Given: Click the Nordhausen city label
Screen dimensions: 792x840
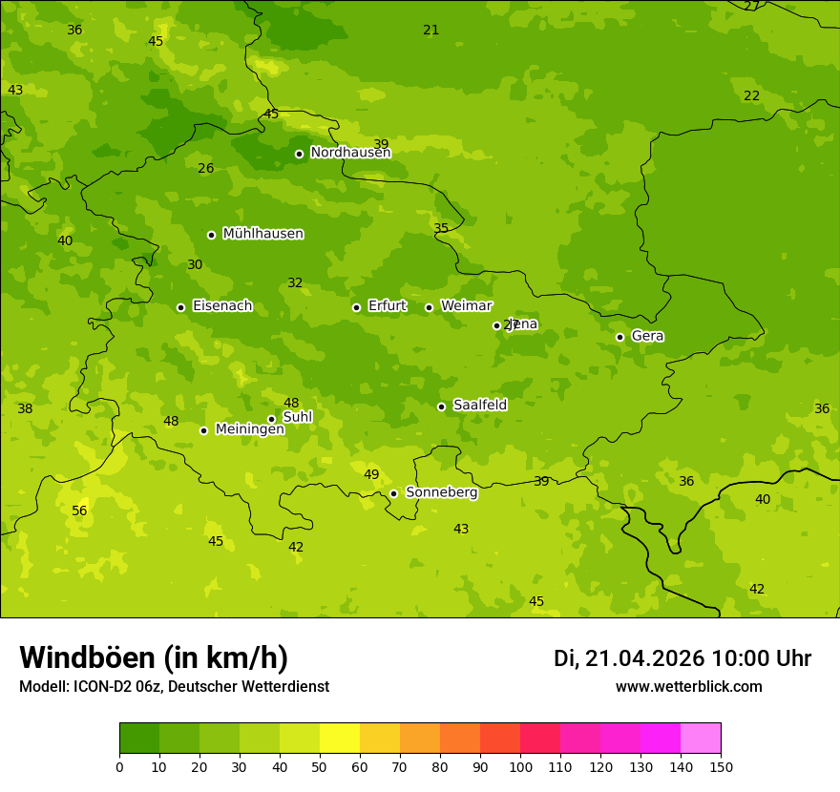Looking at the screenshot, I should (350, 153).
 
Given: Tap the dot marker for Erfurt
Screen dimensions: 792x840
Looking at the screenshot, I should (356, 307).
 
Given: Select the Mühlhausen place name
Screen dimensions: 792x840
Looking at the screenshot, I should (262, 234).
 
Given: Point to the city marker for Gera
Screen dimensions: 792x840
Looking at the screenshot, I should (619, 337).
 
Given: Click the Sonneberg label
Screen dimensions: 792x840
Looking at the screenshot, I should (441, 492).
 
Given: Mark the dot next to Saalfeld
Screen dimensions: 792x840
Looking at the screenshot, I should (441, 406).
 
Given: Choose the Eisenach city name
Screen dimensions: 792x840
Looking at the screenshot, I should (222, 306).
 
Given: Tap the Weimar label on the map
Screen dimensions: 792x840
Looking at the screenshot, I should (466, 306).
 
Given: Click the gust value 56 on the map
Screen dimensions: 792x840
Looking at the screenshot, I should (79, 511).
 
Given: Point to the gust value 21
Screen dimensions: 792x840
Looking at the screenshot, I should (431, 30).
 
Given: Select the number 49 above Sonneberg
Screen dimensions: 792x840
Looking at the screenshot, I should (371, 474).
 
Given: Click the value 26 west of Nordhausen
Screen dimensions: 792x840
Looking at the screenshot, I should (205, 169).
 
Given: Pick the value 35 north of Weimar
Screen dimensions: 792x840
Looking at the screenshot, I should (441, 228).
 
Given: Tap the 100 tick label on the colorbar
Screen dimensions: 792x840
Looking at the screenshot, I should (520, 766).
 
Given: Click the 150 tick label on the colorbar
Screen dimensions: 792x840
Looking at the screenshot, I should (721, 766).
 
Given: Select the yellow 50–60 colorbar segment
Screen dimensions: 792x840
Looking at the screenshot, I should (340, 739).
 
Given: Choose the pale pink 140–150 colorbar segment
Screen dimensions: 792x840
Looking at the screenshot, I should (701, 739).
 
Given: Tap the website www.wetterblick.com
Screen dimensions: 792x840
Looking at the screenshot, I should (688, 686).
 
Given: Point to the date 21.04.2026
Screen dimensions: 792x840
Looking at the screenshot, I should (644, 658).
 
